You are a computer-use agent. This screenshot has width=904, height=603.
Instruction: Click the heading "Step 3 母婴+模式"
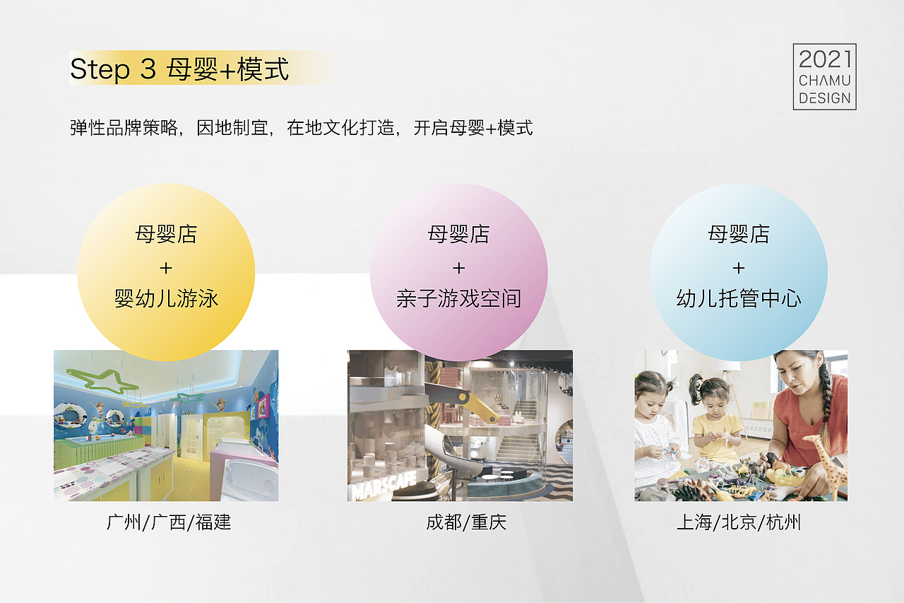tap(179, 69)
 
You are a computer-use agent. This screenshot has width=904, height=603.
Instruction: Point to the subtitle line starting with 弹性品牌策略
tap(301, 128)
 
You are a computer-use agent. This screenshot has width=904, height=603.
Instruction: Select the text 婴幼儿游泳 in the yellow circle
tap(166, 298)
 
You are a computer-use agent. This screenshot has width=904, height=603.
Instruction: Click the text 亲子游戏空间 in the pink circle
tap(458, 298)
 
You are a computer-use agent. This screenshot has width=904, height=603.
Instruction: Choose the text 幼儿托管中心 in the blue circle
tap(739, 298)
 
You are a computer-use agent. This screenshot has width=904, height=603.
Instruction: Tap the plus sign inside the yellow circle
tap(166, 267)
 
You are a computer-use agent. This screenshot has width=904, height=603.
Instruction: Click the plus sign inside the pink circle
tap(458, 267)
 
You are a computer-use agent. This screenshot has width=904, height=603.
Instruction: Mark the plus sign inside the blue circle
tap(739, 267)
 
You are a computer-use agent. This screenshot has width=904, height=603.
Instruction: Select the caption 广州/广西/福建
tap(169, 522)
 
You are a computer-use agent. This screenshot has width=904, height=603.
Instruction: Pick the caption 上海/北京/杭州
tap(739, 522)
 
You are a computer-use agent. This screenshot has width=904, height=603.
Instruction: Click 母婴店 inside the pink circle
tap(458, 234)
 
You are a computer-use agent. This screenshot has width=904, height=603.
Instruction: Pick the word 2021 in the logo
tap(824, 59)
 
